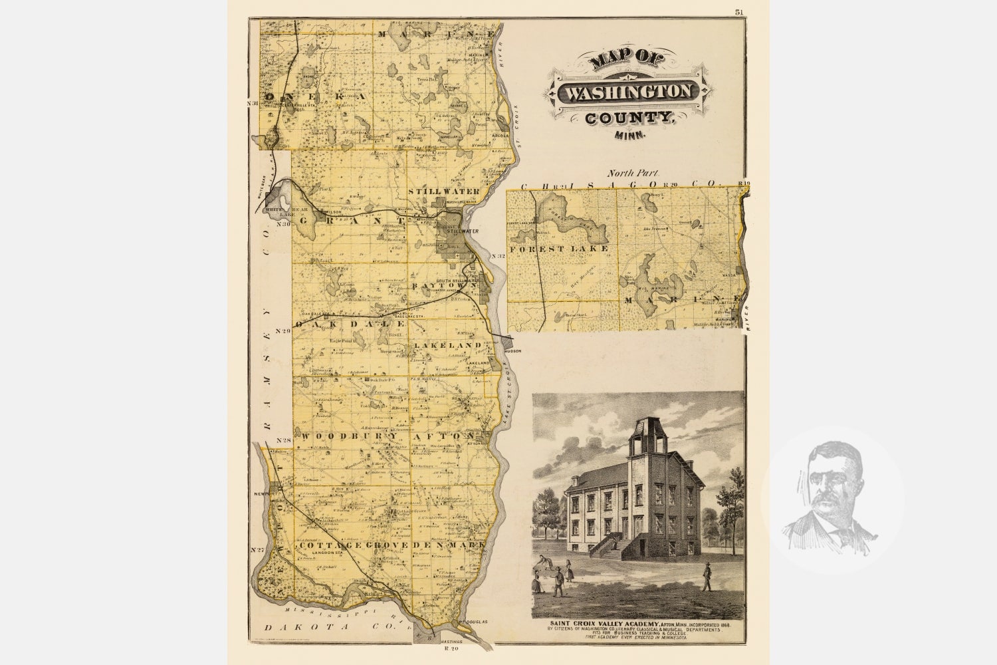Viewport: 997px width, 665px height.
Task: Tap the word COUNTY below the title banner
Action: [628, 119]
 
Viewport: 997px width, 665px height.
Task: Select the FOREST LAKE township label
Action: [559, 249]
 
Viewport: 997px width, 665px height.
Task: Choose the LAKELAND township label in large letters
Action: [447, 346]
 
